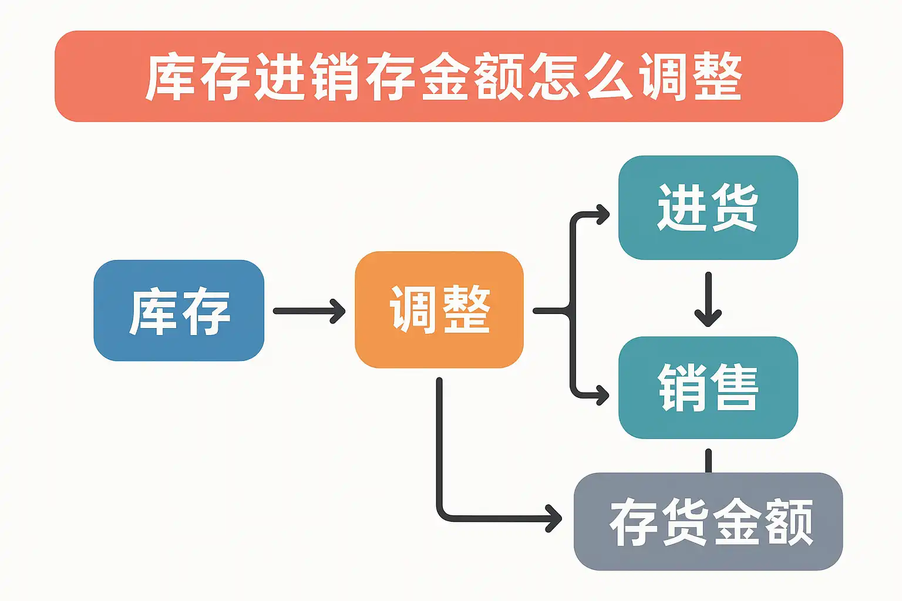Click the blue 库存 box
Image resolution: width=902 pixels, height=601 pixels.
point(179,310)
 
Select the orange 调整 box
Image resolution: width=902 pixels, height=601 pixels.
point(439,310)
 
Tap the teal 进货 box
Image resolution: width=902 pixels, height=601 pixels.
point(708,207)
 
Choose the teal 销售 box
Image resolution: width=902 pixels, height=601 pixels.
point(708,387)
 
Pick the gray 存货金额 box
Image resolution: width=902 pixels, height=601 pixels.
point(708,521)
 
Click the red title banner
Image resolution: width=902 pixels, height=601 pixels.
point(449,76)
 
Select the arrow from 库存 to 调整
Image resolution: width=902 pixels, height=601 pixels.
point(309,311)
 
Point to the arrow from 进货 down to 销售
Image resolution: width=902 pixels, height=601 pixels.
point(708,299)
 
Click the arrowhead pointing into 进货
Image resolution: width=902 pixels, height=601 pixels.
point(603,215)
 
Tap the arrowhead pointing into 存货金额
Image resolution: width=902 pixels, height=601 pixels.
point(554,518)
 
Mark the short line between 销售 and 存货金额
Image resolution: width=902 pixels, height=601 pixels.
point(708,461)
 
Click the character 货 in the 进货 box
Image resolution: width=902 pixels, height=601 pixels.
point(734,207)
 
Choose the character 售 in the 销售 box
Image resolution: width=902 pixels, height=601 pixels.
point(734,387)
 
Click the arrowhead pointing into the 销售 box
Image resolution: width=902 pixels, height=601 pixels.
point(603,394)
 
